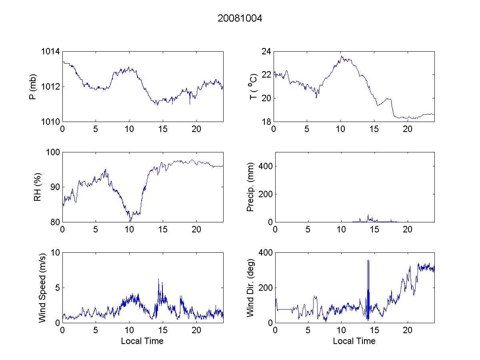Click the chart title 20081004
(x=240, y=18)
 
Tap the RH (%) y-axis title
(x=38, y=187)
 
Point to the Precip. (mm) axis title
(x=250, y=187)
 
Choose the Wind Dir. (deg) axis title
(x=250, y=287)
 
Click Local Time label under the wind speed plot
(x=142, y=341)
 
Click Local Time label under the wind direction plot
(x=354, y=341)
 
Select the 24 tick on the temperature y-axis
(x=267, y=52)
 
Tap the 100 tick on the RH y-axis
(x=53, y=152)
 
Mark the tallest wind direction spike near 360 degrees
(x=368, y=261)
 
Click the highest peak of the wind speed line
(x=158, y=279)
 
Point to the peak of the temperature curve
(x=342, y=56)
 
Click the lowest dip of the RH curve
(x=130, y=221)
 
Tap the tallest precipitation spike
(x=368, y=215)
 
